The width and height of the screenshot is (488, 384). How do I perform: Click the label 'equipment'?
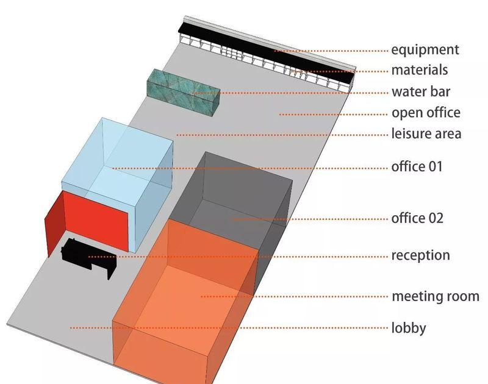click(x=425, y=51)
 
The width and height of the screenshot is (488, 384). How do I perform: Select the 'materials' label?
click(x=419, y=70)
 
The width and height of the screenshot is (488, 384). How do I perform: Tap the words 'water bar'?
click(x=421, y=91)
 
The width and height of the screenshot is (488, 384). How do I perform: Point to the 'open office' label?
click(x=426, y=113)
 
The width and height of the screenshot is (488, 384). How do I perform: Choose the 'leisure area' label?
click(x=426, y=133)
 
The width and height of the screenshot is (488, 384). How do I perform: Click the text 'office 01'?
click(x=417, y=166)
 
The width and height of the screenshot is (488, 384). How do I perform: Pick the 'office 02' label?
click(x=417, y=218)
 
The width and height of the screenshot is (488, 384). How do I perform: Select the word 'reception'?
click(x=420, y=256)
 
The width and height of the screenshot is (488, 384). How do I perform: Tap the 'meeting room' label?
click(x=436, y=296)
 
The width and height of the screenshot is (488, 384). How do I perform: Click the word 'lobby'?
click(x=409, y=329)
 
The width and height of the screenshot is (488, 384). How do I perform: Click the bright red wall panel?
click(x=96, y=221)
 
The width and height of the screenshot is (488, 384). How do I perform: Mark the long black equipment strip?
click(x=267, y=54)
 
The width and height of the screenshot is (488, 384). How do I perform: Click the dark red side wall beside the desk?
click(x=55, y=224)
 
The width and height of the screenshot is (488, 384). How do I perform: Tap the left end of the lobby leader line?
click(x=70, y=328)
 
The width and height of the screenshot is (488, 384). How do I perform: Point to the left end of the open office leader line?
click(x=280, y=115)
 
